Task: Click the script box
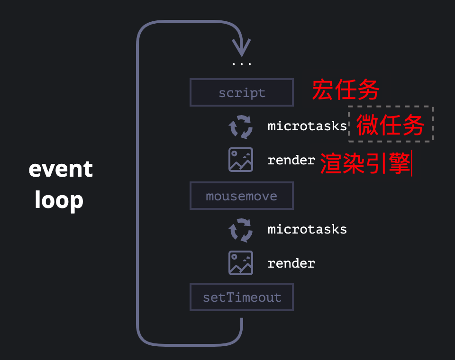pyautogui.click(x=242, y=92)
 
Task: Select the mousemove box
pyautogui.click(x=242, y=196)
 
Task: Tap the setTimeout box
pyautogui.click(x=242, y=297)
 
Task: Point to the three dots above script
pyautogui.click(x=241, y=64)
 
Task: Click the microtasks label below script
pyautogui.click(x=307, y=126)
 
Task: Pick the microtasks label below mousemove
pyautogui.click(x=307, y=229)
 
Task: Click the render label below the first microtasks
pyautogui.click(x=291, y=160)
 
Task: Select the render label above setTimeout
pyautogui.click(x=291, y=263)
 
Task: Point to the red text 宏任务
pyautogui.click(x=346, y=90)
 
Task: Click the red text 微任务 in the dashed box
pyautogui.click(x=390, y=125)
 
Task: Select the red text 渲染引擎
pyautogui.click(x=365, y=163)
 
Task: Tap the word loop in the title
pyautogui.click(x=59, y=200)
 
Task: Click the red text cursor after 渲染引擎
pyautogui.click(x=411, y=163)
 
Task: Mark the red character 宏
pyautogui.click(x=323, y=90)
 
